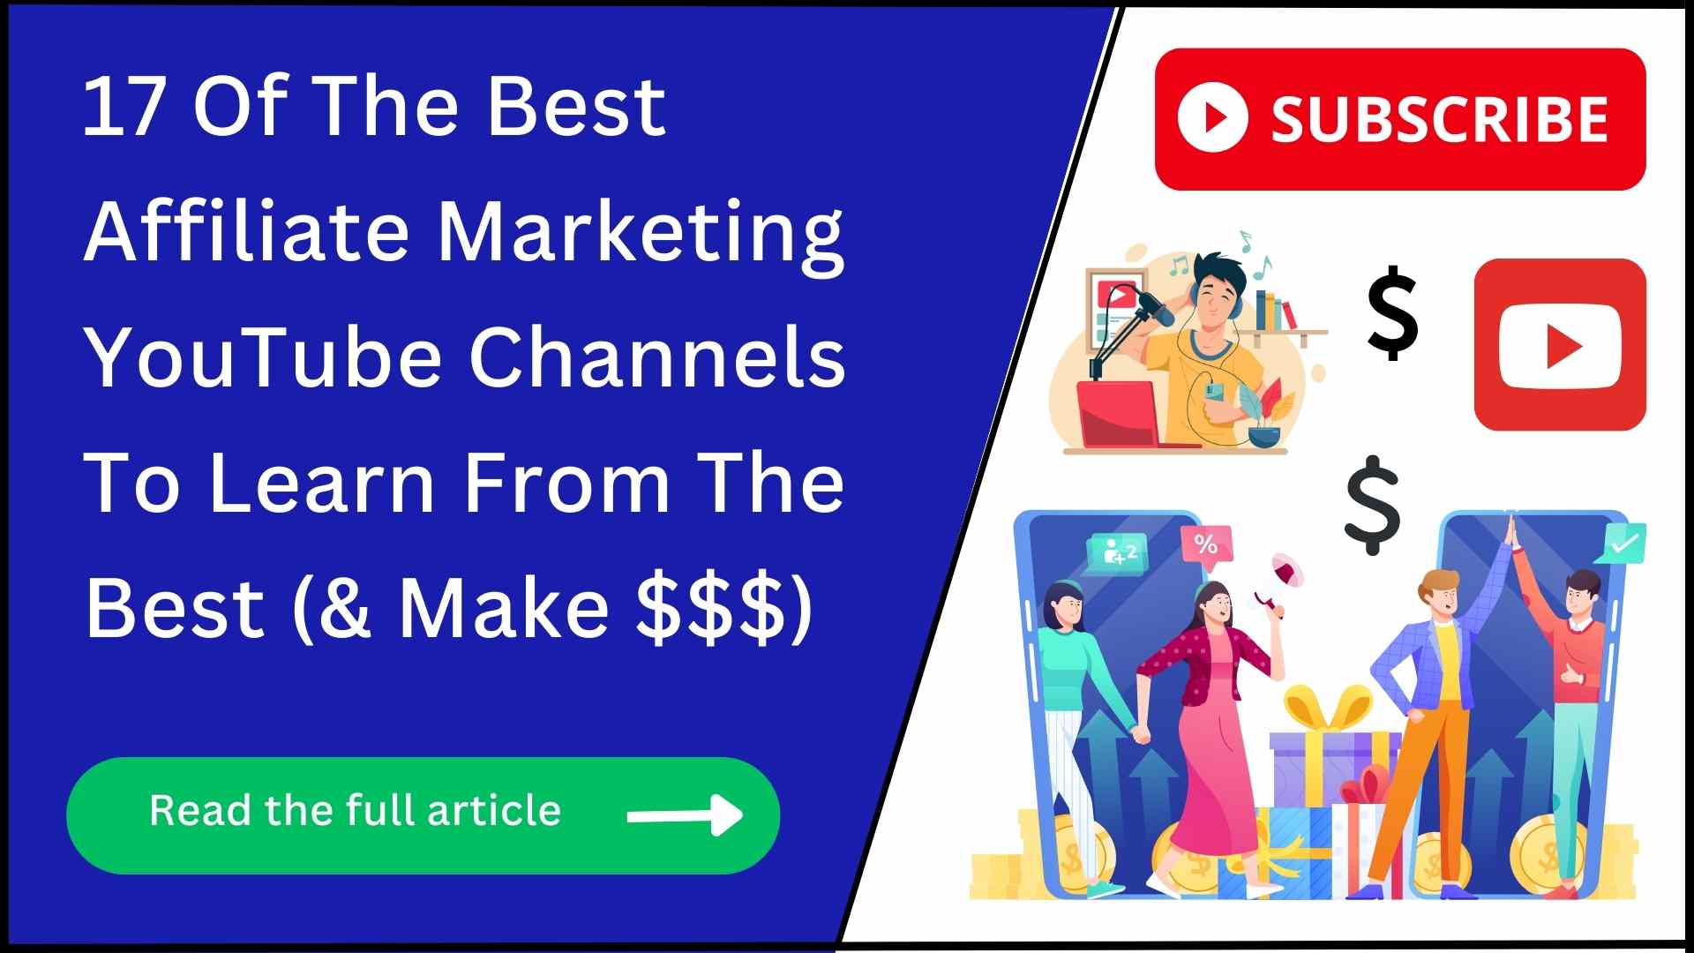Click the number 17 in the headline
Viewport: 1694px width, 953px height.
pos(124,108)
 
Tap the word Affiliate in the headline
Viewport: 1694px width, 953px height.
pos(246,231)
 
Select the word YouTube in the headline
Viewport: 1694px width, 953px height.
pos(263,358)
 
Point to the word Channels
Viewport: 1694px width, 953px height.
pos(656,358)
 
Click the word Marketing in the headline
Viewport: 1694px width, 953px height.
pos(641,233)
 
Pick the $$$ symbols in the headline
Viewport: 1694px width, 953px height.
pos(711,609)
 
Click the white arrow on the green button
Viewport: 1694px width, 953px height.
pos(685,814)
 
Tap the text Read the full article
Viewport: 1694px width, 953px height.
pos(355,810)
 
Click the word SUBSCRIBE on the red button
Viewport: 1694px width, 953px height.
pos(1439,120)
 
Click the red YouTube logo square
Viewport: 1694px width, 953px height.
pos(1559,345)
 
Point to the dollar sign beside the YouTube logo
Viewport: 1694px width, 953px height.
pos(1392,313)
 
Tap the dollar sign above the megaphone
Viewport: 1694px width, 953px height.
pos(1372,505)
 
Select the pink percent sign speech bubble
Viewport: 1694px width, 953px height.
pos(1205,545)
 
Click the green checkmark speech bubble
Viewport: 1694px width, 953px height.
pos(1622,544)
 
